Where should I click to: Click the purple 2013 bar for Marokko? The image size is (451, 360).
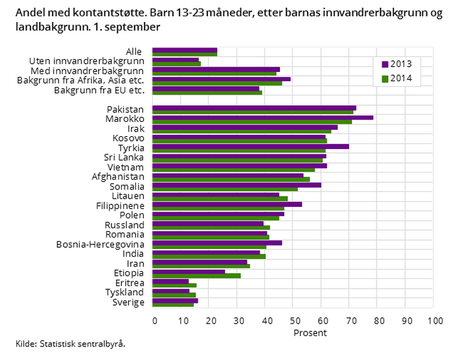(x=262, y=117)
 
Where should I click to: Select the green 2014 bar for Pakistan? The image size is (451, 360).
(x=253, y=112)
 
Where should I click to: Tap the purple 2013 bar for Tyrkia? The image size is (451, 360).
(x=250, y=146)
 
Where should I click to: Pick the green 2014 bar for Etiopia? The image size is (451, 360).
(x=196, y=276)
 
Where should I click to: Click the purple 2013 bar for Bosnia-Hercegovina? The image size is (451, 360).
(x=217, y=243)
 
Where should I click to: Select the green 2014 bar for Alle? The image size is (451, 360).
(x=185, y=54)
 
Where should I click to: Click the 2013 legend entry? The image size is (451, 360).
(x=397, y=64)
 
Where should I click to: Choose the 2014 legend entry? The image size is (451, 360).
(x=397, y=78)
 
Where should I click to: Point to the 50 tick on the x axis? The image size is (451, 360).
(x=293, y=320)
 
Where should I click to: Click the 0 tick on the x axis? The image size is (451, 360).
(x=154, y=320)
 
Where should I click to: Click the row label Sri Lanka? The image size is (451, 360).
(x=124, y=158)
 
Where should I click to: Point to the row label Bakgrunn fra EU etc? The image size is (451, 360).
(x=98, y=90)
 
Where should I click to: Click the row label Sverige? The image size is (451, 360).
(x=128, y=302)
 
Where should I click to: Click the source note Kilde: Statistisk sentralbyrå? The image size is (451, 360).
(x=71, y=344)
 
